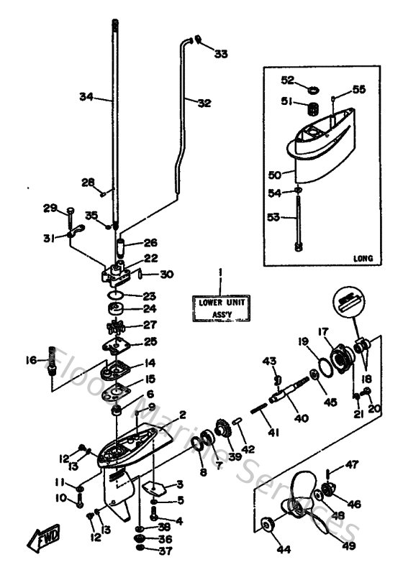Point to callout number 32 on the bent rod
pos(204,103)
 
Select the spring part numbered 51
pos(313,110)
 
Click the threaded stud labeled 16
pos(53,362)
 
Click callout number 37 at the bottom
pos(166,552)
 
